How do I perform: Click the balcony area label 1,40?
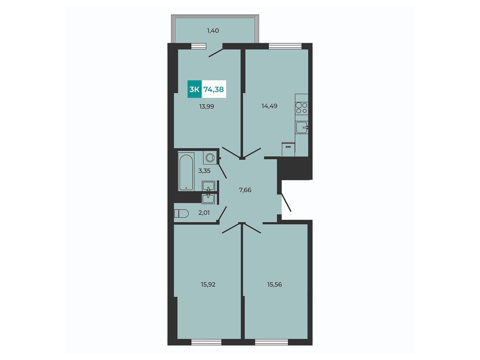[x=213, y=31]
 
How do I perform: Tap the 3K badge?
[x=194, y=89]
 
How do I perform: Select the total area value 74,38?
[x=214, y=89]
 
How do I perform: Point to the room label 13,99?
[x=206, y=106]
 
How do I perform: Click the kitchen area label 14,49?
[x=269, y=106]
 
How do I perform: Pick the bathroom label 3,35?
[x=204, y=171]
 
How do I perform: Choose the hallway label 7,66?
[x=245, y=190]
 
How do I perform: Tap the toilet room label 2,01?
[x=204, y=213]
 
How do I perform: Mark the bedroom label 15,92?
[x=208, y=284]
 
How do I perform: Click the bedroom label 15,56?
[x=274, y=284]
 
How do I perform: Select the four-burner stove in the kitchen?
[x=301, y=108]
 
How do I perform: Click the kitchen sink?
[x=302, y=127]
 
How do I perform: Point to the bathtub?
[x=186, y=172]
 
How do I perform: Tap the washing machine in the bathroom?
[x=210, y=157]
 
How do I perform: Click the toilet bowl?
[x=181, y=213]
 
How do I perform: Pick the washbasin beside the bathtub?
[x=208, y=186]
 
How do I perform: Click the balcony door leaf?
[x=216, y=54]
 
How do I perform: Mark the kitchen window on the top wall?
[x=285, y=46]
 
